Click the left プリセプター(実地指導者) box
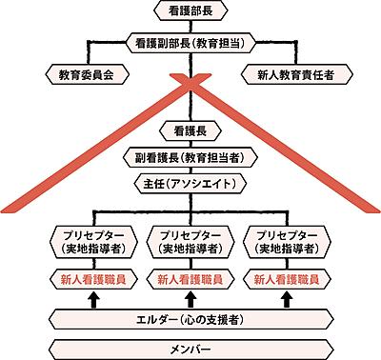click(93, 240)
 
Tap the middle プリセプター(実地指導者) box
click(190, 240)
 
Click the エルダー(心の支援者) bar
click(190, 318)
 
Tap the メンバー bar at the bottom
click(190, 345)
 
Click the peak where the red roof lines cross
click(190, 91)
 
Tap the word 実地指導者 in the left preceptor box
click(93, 249)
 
